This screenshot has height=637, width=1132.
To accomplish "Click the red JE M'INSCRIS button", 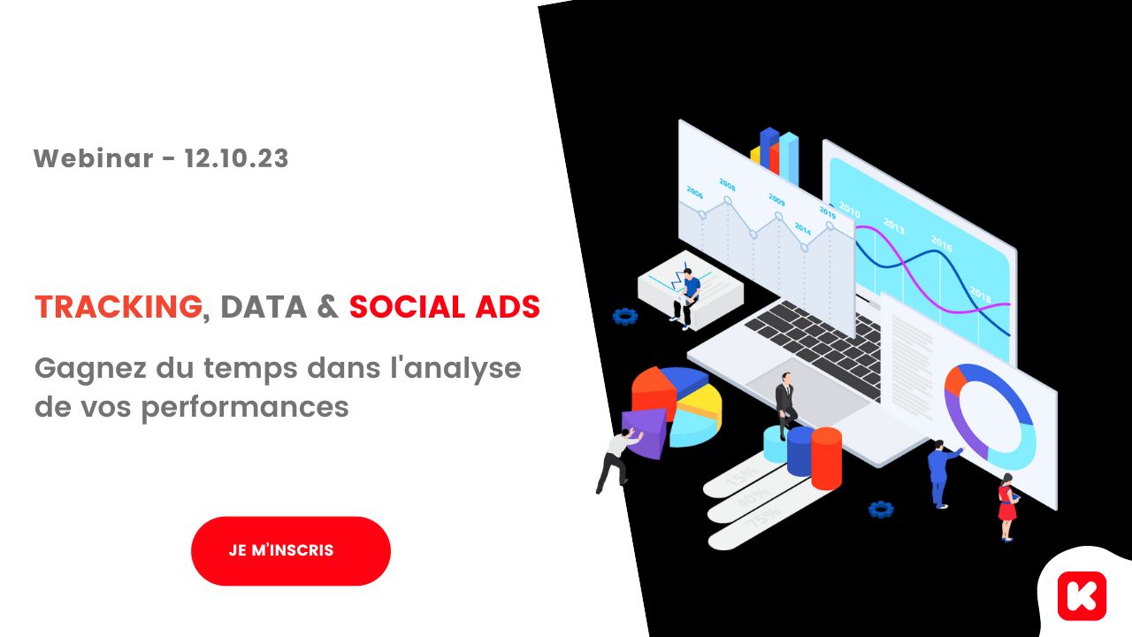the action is pos(291,550).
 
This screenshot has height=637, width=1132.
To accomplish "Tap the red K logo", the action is pos(1082,596).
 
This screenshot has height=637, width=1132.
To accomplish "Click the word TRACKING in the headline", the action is pos(119,307).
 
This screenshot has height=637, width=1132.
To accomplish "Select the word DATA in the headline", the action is pos(264,307).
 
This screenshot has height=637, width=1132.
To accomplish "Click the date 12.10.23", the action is pos(236,158).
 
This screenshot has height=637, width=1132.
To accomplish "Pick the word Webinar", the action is pos(93,158).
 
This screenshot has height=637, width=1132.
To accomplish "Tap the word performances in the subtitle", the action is pos(245,407).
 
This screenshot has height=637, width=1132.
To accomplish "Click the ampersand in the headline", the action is pos(327,307).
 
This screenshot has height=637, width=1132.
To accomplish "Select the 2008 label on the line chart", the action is pos(727,185).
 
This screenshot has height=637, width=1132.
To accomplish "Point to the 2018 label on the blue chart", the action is pos(981,295).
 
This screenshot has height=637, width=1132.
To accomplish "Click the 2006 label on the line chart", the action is pos(695,193).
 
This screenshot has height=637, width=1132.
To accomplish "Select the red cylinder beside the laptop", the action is pos(826,458).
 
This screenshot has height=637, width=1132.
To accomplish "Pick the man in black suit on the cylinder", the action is pos(786,405).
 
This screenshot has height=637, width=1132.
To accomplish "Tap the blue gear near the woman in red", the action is pos(881,509).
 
